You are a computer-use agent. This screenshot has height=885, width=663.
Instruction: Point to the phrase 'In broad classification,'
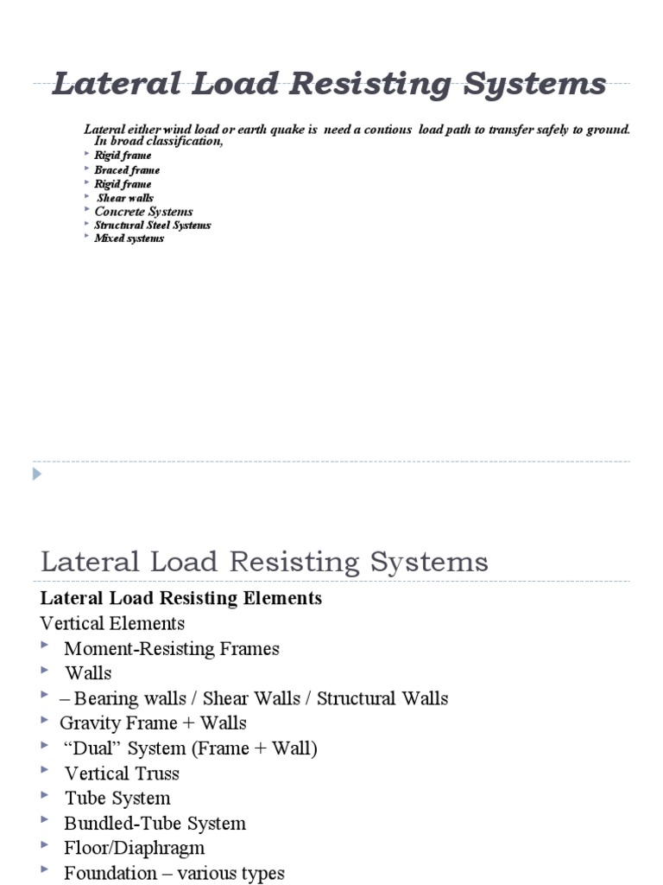[159, 141]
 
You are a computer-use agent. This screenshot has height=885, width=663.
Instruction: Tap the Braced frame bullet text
[127, 170]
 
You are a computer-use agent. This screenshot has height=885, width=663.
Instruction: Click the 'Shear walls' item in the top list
[125, 198]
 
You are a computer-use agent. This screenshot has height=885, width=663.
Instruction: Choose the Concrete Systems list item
[143, 212]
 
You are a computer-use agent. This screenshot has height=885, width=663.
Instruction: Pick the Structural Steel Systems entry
[152, 226]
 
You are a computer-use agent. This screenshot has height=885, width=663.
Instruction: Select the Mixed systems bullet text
[129, 239]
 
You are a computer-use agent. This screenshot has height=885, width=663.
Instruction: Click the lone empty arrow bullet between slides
[36, 474]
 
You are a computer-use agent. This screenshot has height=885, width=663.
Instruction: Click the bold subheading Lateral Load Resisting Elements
[181, 598]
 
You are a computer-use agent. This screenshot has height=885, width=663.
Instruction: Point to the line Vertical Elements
[112, 623]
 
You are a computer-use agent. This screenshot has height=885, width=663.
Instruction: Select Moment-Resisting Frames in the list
[172, 648]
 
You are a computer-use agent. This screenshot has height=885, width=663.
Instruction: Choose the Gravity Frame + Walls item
[153, 723]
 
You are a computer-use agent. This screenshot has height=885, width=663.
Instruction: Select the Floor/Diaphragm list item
[134, 849]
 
